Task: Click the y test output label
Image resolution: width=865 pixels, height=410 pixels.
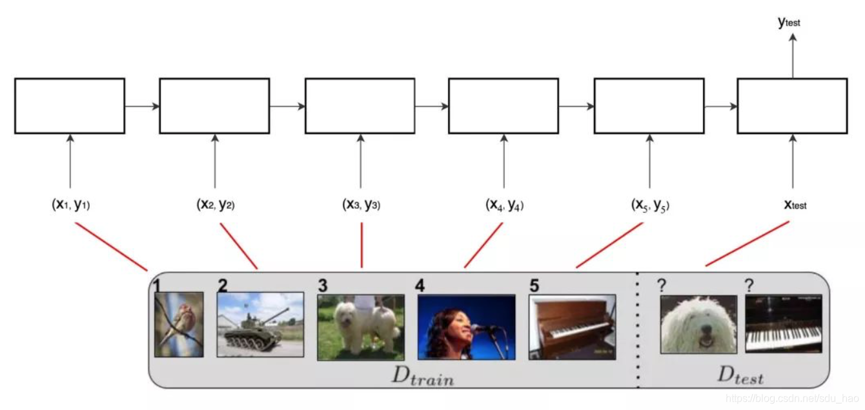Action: coord(789,22)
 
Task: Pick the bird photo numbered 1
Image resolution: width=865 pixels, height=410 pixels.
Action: coord(179,324)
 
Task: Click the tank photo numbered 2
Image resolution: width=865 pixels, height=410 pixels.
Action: coord(260,324)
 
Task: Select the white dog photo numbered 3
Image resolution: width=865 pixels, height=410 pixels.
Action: coord(361,327)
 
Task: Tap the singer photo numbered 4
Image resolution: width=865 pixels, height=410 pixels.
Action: coord(466,327)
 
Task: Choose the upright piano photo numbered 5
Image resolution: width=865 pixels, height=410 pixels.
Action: coord(572,327)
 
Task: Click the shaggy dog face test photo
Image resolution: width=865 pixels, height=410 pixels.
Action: coord(698,324)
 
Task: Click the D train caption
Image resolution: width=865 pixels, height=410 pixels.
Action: coord(423,375)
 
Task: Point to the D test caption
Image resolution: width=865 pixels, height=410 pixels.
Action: coord(740,375)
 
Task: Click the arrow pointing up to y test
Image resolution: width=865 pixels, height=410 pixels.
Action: coord(793,55)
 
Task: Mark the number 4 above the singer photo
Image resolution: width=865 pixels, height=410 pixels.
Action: coord(420,285)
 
